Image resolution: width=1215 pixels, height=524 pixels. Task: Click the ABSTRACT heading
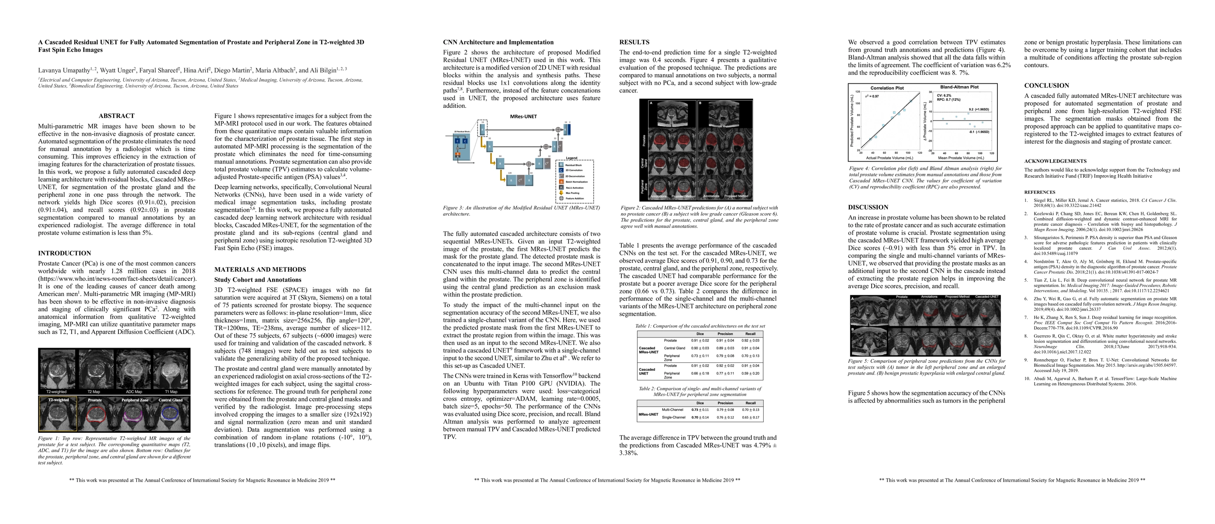click(x=117, y=116)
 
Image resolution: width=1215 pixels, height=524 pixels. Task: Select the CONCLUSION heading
click(x=1046, y=86)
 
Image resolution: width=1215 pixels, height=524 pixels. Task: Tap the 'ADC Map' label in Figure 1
click(x=134, y=392)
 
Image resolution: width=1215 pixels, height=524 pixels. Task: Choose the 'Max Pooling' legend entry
click(x=572, y=193)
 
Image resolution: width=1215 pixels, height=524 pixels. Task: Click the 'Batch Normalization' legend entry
click(x=576, y=181)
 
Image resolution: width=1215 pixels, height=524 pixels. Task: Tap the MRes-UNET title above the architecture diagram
click(x=523, y=117)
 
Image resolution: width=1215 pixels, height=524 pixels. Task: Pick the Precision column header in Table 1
click(x=725, y=334)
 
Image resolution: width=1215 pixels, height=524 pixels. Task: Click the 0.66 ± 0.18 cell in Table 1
click(x=700, y=373)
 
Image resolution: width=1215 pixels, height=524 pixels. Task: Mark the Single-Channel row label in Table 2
click(x=673, y=417)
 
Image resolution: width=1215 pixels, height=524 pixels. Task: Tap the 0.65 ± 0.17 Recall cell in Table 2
click(x=751, y=417)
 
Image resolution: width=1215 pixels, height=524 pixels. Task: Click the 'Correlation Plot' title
click(x=887, y=88)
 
